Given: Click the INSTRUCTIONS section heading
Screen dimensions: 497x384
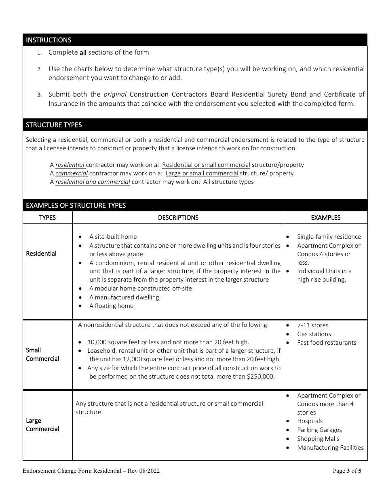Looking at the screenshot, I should (49, 40).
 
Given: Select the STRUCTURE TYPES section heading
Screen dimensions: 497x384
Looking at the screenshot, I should (54, 125).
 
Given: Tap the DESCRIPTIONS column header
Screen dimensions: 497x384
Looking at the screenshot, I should (178, 218).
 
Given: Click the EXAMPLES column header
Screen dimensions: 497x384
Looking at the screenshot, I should (325, 218).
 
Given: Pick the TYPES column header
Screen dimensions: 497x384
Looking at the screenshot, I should (47, 218).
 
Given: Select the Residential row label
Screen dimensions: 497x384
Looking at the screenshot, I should (41, 254).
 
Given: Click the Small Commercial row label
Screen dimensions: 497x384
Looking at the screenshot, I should (42, 354).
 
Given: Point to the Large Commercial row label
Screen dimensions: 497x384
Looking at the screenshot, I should (42, 425).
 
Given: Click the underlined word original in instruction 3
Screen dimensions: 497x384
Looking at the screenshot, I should (115, 95).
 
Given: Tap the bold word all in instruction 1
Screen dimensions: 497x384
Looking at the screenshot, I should (83, 53).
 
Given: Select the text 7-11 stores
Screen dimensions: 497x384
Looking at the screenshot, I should (312, 325).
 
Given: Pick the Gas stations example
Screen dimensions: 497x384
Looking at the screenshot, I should (314, 334).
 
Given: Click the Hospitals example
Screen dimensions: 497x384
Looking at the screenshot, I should (310, 421).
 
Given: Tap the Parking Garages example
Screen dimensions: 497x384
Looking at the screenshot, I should (319, 430).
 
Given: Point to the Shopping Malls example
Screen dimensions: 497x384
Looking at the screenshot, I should (318, 439).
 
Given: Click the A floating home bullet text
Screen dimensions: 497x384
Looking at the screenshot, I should (111, 306).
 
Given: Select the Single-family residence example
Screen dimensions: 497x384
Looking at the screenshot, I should (329, 237).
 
